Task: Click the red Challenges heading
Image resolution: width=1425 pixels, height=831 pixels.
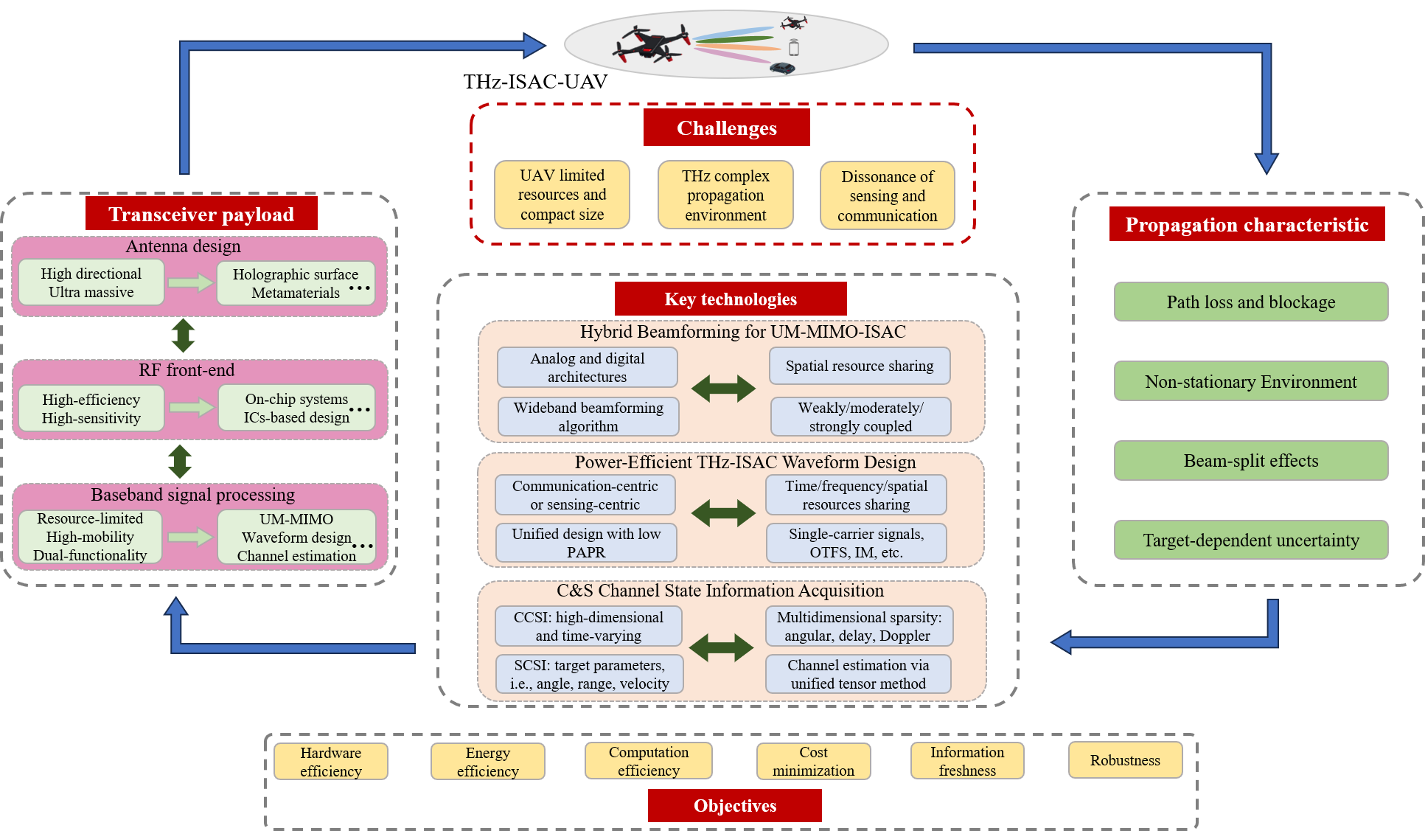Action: [x=726, y=128]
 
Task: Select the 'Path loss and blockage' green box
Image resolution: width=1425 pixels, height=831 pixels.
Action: [x=1250, y=302]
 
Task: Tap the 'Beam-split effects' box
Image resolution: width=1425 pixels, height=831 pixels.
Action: [x=1250, y=461]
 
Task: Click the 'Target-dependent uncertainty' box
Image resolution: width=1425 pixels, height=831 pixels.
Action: [x=1250, y=540]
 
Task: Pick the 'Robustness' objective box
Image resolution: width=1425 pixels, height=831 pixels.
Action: [x=1125, y=760]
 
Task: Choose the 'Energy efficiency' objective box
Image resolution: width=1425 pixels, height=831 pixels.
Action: [x=487, y=762]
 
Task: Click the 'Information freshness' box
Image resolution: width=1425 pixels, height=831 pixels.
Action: [x=967, y=761]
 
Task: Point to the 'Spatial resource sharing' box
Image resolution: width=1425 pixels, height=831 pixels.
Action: [x=860, y=366]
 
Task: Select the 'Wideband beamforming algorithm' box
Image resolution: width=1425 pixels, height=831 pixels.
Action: [x=588, y=417]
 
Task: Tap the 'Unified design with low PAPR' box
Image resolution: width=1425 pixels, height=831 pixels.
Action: [x=586, y=543]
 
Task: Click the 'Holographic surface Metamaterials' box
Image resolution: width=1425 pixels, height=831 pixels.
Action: [x=296, y=283]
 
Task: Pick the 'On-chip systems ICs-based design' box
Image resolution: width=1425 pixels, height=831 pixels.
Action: [x=296, y=408]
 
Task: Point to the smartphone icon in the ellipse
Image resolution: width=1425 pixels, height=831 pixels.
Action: [x=793, y=48]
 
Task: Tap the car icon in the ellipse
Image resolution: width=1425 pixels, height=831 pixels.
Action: [x=782, y=68]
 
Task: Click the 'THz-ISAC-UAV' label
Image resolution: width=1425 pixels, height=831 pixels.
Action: [x=535, y=81]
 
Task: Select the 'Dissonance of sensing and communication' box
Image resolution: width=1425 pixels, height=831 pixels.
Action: [x=887, y=195]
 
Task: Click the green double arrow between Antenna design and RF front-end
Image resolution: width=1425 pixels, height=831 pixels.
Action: [x=183, y=335]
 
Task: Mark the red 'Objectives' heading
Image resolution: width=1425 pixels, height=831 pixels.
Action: [x=734, y=805]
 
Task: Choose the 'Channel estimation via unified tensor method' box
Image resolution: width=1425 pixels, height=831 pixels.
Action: [x=858, y=674]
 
